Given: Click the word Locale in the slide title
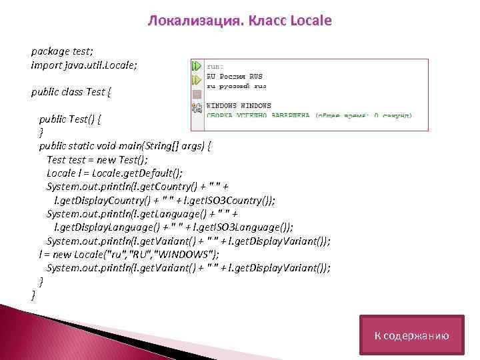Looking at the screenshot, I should [x=311, y=21].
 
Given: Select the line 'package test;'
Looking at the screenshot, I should [x=62, y=51].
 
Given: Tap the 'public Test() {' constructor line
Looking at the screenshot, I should [x=74, y=119].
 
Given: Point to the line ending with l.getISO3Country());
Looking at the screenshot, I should [x=164, y=199].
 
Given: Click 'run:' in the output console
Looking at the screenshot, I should [x=215, y=67].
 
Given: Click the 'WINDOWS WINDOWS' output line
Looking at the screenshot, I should [x=238, y=105].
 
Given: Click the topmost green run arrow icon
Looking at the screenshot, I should [x=197, y=67].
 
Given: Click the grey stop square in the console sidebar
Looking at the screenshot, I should [x=197, y=94].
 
